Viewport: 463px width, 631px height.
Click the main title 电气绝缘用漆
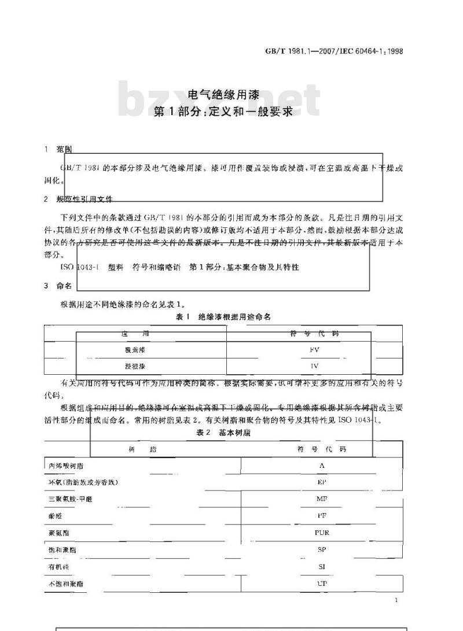223,96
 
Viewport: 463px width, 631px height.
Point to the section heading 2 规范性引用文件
78,199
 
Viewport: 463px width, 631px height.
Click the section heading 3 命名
58,286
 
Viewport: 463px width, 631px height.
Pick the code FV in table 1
315,350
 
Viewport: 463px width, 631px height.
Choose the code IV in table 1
315,366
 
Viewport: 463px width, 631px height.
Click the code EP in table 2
322,482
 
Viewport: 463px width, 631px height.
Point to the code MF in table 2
322,499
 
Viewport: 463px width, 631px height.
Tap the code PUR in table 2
322,533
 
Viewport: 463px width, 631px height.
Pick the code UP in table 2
322,584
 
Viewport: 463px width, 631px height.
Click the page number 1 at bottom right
396,601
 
